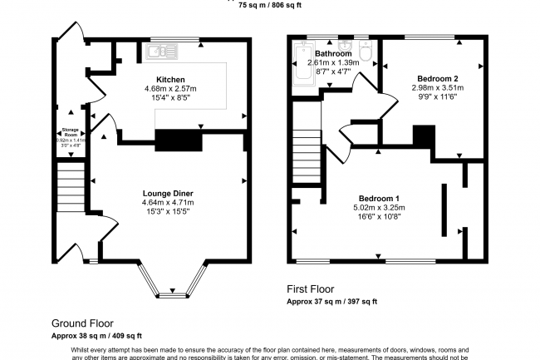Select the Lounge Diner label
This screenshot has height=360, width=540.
tap(168, 193)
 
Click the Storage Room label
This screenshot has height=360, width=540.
tap(71, 131)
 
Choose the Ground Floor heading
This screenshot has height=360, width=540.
tap(82, 323)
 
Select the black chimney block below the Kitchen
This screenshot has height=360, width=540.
tap(179, 140)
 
